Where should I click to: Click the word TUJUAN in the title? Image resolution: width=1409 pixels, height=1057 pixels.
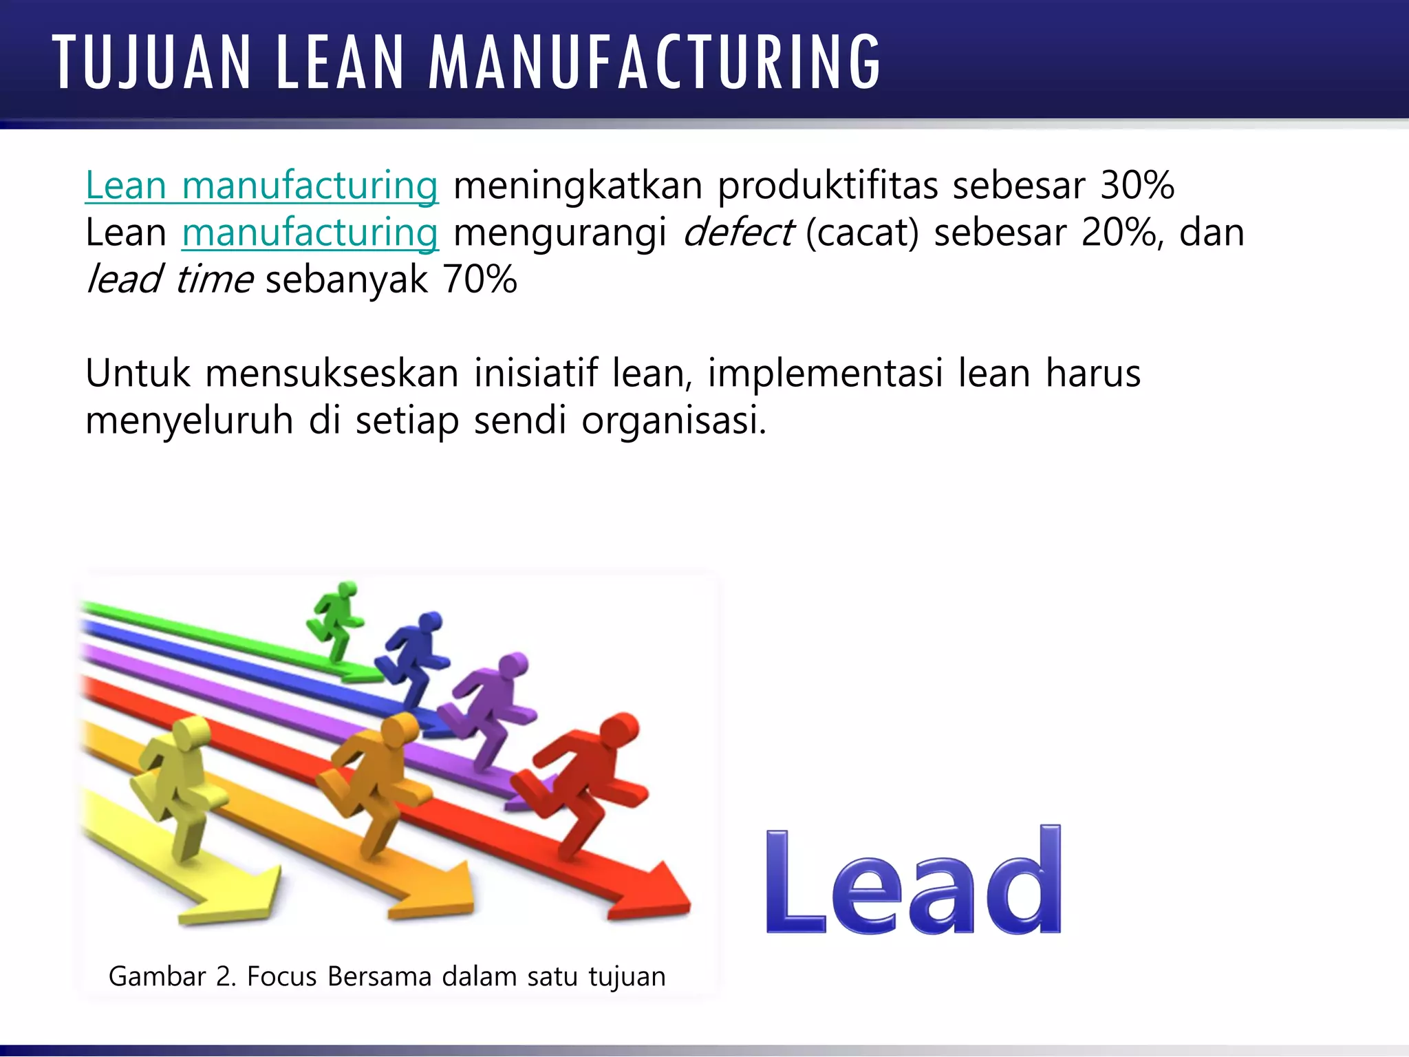151,63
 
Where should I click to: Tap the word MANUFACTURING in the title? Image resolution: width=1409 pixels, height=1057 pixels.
654,63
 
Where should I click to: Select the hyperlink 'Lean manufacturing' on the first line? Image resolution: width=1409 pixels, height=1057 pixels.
261,186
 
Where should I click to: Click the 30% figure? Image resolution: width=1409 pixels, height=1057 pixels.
1137,186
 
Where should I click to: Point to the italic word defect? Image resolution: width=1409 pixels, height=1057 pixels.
738,233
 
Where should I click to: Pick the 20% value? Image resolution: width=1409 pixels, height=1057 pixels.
1119,233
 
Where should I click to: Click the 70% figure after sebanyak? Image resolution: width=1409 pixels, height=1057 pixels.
480,279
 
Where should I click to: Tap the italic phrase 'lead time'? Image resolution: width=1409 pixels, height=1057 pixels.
169,279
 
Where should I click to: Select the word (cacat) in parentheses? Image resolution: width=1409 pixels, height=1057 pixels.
862,233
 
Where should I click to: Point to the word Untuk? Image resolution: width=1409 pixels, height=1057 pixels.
138,374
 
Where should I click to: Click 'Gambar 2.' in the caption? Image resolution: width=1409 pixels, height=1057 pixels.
172,976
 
